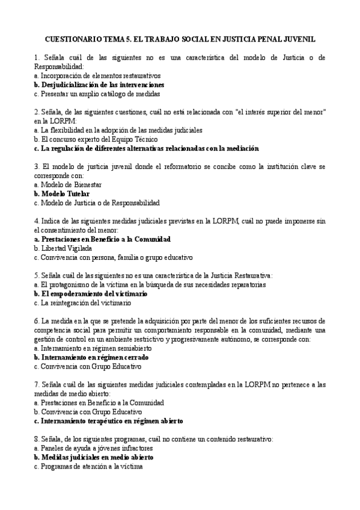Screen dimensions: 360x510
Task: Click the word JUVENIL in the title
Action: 298,38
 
